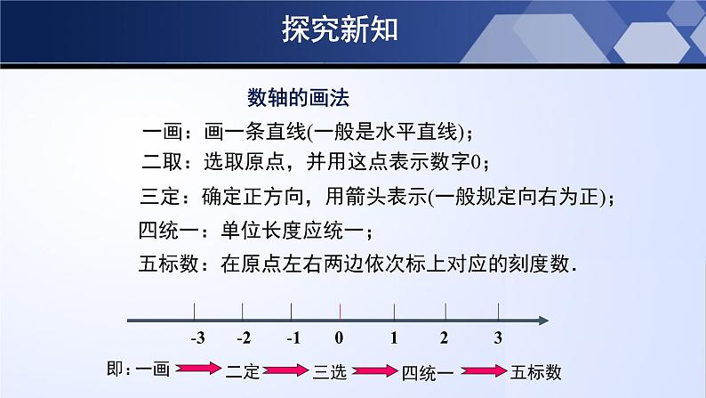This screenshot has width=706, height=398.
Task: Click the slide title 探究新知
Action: [341, 30]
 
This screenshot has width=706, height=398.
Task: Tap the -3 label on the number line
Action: [197, 338]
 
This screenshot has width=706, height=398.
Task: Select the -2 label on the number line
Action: [243, 338]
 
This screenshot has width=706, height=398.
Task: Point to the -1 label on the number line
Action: [291, 338]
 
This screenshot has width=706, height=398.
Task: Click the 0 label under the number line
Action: [339, 338]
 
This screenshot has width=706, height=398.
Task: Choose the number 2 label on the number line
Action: [445, 338]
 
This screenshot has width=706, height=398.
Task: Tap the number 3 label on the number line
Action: [498, 338]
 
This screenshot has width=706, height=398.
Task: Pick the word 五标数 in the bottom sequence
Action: [535, 372]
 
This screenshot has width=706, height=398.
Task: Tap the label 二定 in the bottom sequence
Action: [242, 371]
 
